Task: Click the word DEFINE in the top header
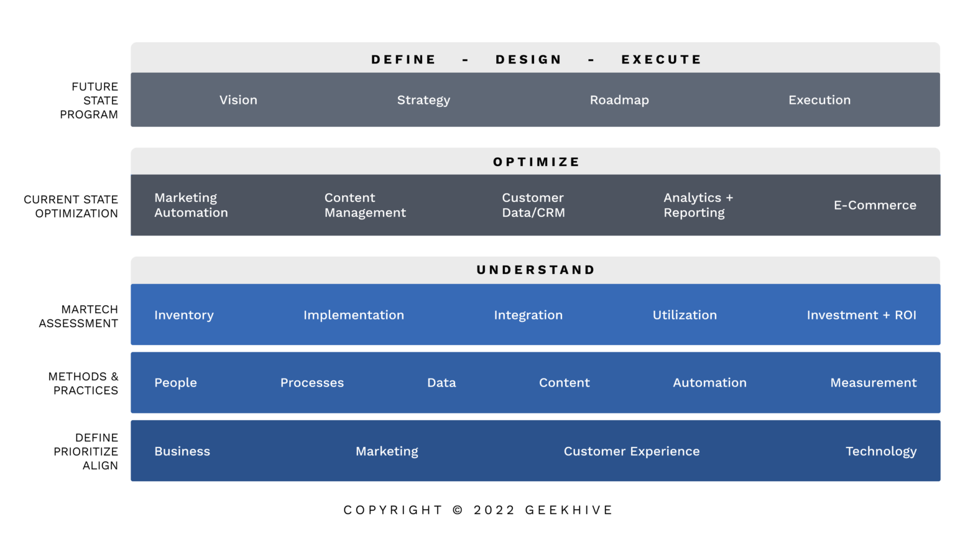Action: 404,60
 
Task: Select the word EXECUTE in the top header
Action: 661,60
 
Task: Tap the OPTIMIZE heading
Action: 536,162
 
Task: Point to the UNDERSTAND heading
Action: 536,270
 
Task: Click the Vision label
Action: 238,100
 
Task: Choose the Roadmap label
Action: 619,100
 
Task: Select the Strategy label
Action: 423,100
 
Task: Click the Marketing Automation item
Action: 191,205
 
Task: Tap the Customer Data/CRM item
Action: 533,205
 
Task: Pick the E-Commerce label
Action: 875,205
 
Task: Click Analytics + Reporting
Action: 698,205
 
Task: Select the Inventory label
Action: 184,315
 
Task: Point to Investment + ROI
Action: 861,315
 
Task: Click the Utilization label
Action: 685,315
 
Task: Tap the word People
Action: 175,383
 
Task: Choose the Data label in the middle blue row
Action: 441,383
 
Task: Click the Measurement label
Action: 873,383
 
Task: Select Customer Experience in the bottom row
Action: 632,451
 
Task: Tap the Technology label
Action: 880,451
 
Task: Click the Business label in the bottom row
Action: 182,451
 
